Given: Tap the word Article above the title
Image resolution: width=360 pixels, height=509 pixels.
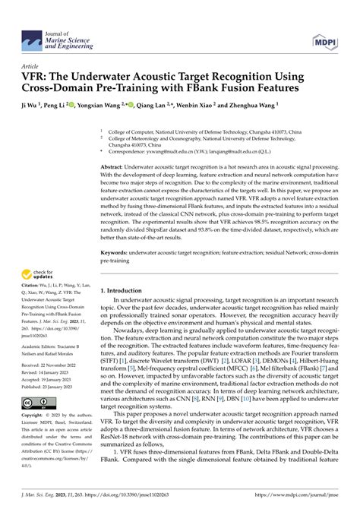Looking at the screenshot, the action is coord(30,67).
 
